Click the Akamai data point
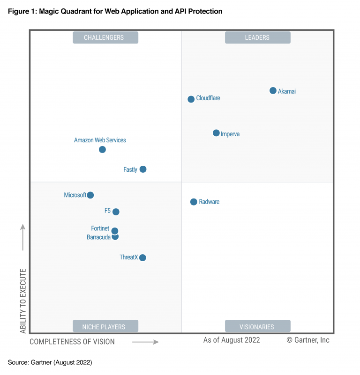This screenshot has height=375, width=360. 273,90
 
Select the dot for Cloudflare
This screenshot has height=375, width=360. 191,99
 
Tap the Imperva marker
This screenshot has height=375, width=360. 216,133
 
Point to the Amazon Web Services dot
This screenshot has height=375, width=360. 102,149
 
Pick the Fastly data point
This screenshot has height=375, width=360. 143,169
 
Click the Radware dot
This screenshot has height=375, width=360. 194,202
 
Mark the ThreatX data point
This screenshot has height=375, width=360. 142,257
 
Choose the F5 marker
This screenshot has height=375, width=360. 116,212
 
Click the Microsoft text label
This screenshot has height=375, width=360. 75,195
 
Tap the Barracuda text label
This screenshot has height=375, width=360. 98,237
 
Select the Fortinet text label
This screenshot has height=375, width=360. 100,228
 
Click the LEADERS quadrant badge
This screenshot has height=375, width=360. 257,37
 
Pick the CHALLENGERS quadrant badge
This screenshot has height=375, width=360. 105,37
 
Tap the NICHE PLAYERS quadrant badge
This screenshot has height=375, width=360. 105,326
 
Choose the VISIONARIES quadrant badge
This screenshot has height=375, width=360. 257,326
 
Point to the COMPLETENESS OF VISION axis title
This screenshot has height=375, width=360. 72,342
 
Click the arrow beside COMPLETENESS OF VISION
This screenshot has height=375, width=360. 145,342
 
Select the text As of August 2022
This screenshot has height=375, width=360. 232,340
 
